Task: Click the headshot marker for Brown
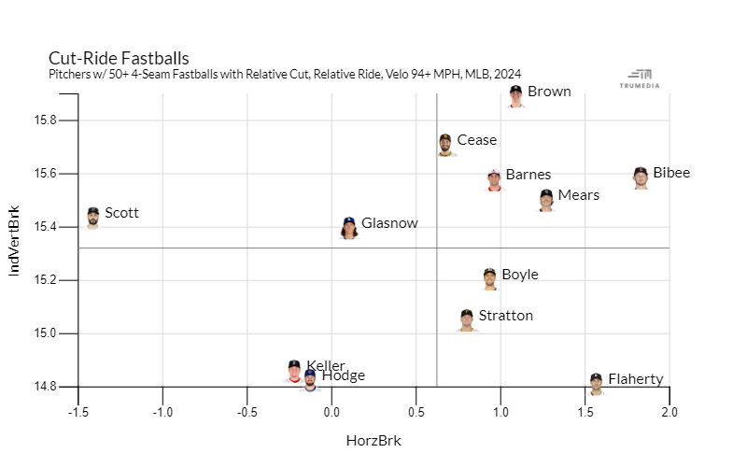click(x=516, y=95)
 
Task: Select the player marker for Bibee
click(x=641, y=177)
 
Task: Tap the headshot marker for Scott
click(x=92, y=218)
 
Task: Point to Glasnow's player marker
click(x=349, y=228)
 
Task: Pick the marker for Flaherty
click(x=596, y=384)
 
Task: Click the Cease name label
click(x=476, y=140)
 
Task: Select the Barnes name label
click(x=528, y=175)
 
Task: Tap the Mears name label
click(x=578, y=195)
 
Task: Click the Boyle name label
click(x=519, y=275)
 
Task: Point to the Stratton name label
click(x=505, y=316)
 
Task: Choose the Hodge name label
click(x=343, y=375)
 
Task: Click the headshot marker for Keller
click(x=295, y=371)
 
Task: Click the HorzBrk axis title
click(x=373, y=440)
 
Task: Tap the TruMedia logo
click(x=640, y=79)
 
